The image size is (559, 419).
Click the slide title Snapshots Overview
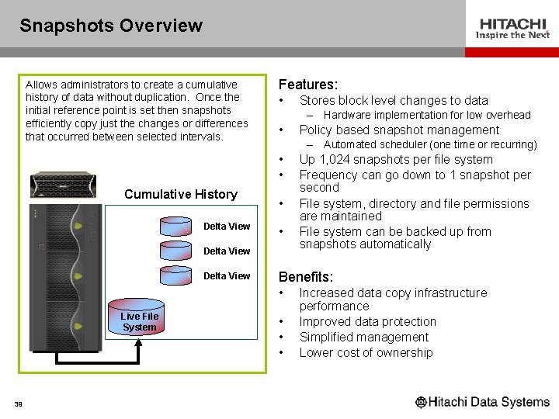pos(111,26)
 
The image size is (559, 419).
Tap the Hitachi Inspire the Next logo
pos(512,29)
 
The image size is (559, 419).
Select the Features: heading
pos(307,84)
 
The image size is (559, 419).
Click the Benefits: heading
pos(306,277)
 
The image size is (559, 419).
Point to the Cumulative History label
pos(180,194)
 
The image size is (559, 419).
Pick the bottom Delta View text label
pos(227,275)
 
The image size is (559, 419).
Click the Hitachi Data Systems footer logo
pos(482,402)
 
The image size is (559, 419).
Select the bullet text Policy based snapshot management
pos(399,130)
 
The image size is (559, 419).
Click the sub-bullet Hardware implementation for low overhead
pos(426,115)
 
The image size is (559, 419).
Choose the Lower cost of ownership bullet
pos(366,352)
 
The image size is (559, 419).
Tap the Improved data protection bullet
pos(367,321)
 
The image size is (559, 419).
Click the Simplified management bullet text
pos(363,337)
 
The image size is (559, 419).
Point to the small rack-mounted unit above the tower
pos(63,185)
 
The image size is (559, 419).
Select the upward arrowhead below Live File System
pos(139,347)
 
